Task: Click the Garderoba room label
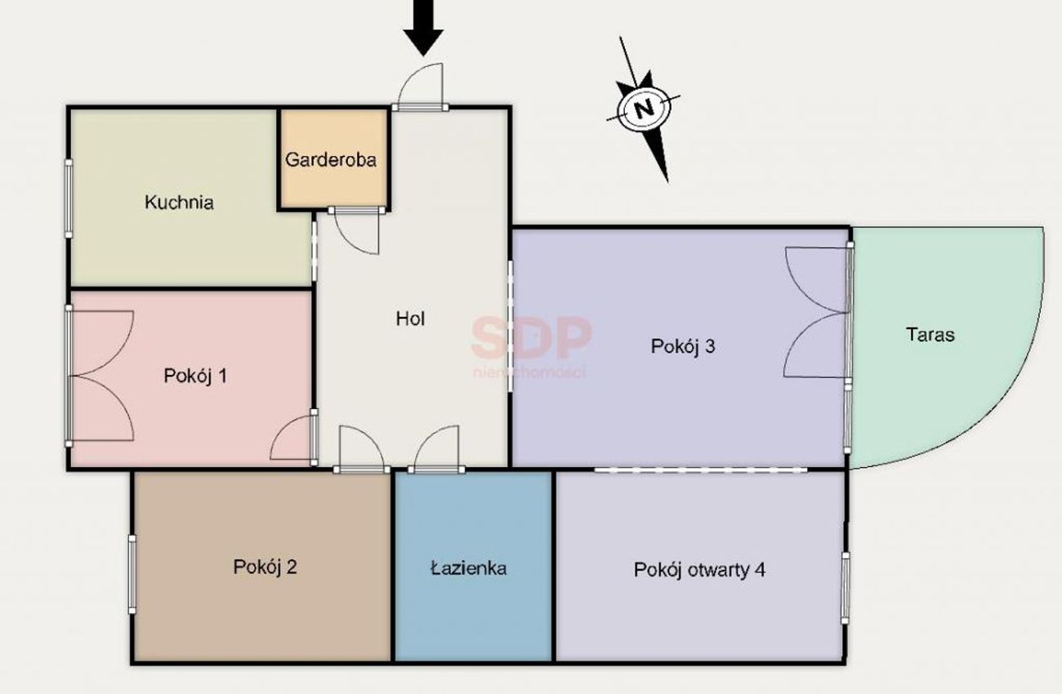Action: click(x=331, y=160)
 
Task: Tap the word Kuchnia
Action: click(x=179, y=202)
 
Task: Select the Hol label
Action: click(x=410, y=318)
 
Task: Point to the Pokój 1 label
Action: click(x=195, y=376)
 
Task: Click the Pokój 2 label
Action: click(x=265, y=567)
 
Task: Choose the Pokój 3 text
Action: click(x=683, y=347)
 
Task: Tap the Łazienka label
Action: click(x=469, y=568)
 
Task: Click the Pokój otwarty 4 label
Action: click(x=700, y=570)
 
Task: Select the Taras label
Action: click(x=930, y=335)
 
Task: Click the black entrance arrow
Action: click(x=423, y=29)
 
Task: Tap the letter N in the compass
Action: click(x=644, y=109)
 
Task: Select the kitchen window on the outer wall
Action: click(x=69, y=198)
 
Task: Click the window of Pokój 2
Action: click(x=132, y=575)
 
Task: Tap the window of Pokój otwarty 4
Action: click(x=845, y=588)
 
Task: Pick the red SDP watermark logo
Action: click(x=532, y=338)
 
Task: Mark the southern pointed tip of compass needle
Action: click(x=667, y=182)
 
